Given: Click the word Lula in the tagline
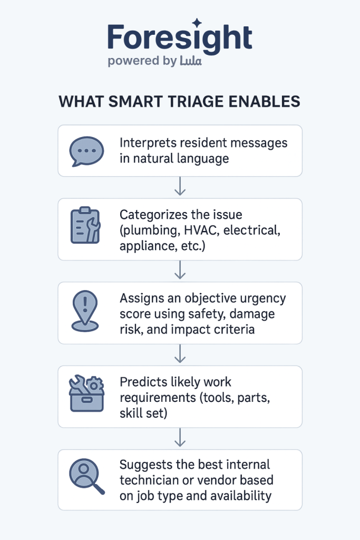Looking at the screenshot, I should pyautogui.click(x=190, y=61).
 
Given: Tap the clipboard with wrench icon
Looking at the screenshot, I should pyautogui.click(x=85, y=226).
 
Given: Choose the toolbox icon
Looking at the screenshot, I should pyautogui.click(x=86, y=393).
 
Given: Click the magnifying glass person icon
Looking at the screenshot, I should pyautogui.click(x=86, y=478).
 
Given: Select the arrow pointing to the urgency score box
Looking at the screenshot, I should pyautogui.click(x=180, y=270).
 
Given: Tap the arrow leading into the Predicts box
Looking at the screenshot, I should pyautogui.click(x=180, y=354).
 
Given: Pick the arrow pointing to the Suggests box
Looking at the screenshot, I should pyautogui.click(x=180, y=437).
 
